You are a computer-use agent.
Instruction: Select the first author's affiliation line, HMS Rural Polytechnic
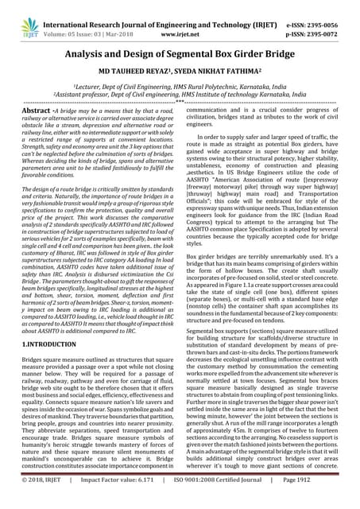tap(180, 84)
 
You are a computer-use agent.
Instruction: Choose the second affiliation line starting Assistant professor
tap(180, 93)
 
